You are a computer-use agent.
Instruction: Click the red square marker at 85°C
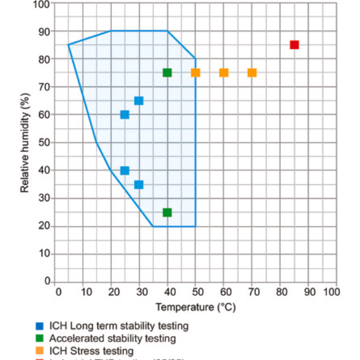295,45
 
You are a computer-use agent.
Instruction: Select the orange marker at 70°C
252,73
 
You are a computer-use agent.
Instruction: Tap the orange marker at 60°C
224,73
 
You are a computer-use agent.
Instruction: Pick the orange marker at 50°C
196,73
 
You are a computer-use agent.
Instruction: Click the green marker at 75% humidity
167,73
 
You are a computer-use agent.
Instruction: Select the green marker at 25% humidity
167,212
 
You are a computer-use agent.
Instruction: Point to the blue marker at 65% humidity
139,101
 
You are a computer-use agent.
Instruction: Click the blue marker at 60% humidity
125,115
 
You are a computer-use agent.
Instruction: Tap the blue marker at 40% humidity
125,170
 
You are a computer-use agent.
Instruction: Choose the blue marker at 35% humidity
139,184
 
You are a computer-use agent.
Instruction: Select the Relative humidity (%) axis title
25,142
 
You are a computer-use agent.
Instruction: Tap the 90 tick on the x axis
309,292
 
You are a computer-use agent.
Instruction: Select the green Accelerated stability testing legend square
39,338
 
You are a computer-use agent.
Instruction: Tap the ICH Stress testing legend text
100,350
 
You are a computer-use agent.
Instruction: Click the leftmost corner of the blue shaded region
68,44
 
